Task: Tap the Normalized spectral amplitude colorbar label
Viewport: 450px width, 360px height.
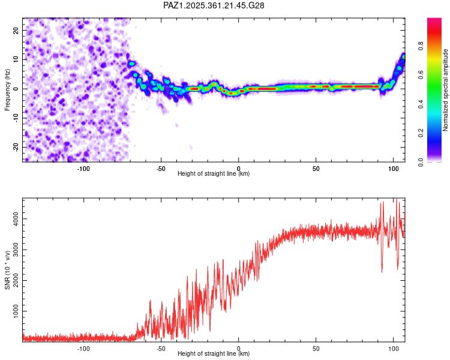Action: pyautogui.click(x=446, y=90)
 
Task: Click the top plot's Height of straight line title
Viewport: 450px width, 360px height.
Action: pyautogui.click(x=214, y=173)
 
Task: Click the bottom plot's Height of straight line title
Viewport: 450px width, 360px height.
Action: pyautogui.click(x=214, y=353)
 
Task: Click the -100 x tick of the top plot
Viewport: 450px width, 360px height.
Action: pyautogui.click(x=83, y=168)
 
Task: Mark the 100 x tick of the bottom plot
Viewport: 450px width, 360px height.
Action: pyautogui.click(x=393, y=348)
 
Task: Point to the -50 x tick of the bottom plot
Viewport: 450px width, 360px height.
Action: pyautogui.click(x=161, y=348)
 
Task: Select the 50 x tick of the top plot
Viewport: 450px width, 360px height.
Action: pyautogui.click(x=316, y=168)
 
